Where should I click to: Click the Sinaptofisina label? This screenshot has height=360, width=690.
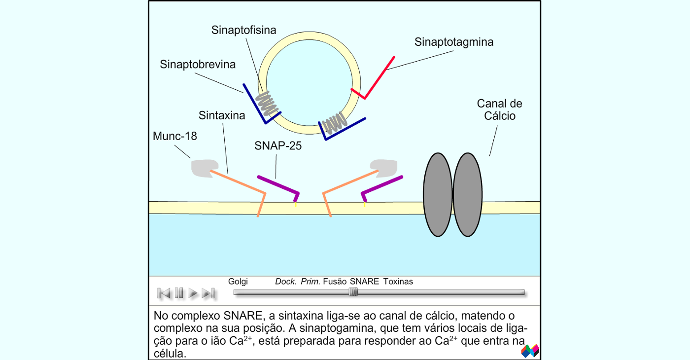(243, 30)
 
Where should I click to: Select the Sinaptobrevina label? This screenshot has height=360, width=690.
(198, 65)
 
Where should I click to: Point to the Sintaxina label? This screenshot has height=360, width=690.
(222, 115)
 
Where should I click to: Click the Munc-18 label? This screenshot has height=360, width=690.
(174, 136)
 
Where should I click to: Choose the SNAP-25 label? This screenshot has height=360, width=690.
(278, 146)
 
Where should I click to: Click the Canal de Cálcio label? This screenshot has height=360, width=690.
(500, 109)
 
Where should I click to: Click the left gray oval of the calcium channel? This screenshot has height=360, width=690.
(438, 194)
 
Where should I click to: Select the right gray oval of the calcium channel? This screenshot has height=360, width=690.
(468, 194)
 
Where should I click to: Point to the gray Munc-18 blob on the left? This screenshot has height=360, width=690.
(204, 168)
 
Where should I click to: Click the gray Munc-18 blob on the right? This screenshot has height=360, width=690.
(384, 168)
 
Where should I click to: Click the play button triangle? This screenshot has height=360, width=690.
(193, 293)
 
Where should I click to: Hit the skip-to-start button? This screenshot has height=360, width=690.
(164, 293)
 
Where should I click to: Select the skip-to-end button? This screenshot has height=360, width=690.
(208, 293)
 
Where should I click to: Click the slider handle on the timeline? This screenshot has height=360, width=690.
(353, 292)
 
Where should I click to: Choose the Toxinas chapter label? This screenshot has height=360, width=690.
(398, 282)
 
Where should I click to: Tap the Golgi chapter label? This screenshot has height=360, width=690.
(238, 282)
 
